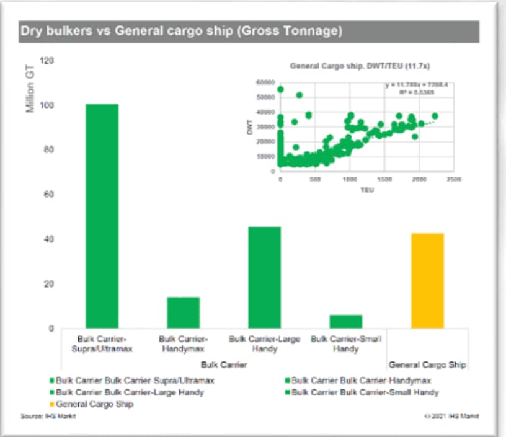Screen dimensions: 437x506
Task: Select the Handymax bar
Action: [x=184, y=312]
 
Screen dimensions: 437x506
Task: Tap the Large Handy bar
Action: [x=265, y=277]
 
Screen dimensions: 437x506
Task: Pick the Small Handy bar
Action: [x=345, y=321]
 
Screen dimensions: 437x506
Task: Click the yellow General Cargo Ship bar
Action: [x=427, y=280]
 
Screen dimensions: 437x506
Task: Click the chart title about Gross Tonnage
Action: [x=181, y=32]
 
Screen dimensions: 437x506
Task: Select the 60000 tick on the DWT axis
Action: [x=265, y=82]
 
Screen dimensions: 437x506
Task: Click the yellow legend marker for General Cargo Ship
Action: [x=52, y=404]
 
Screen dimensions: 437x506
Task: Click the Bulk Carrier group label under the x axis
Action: [x=224, y=365]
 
